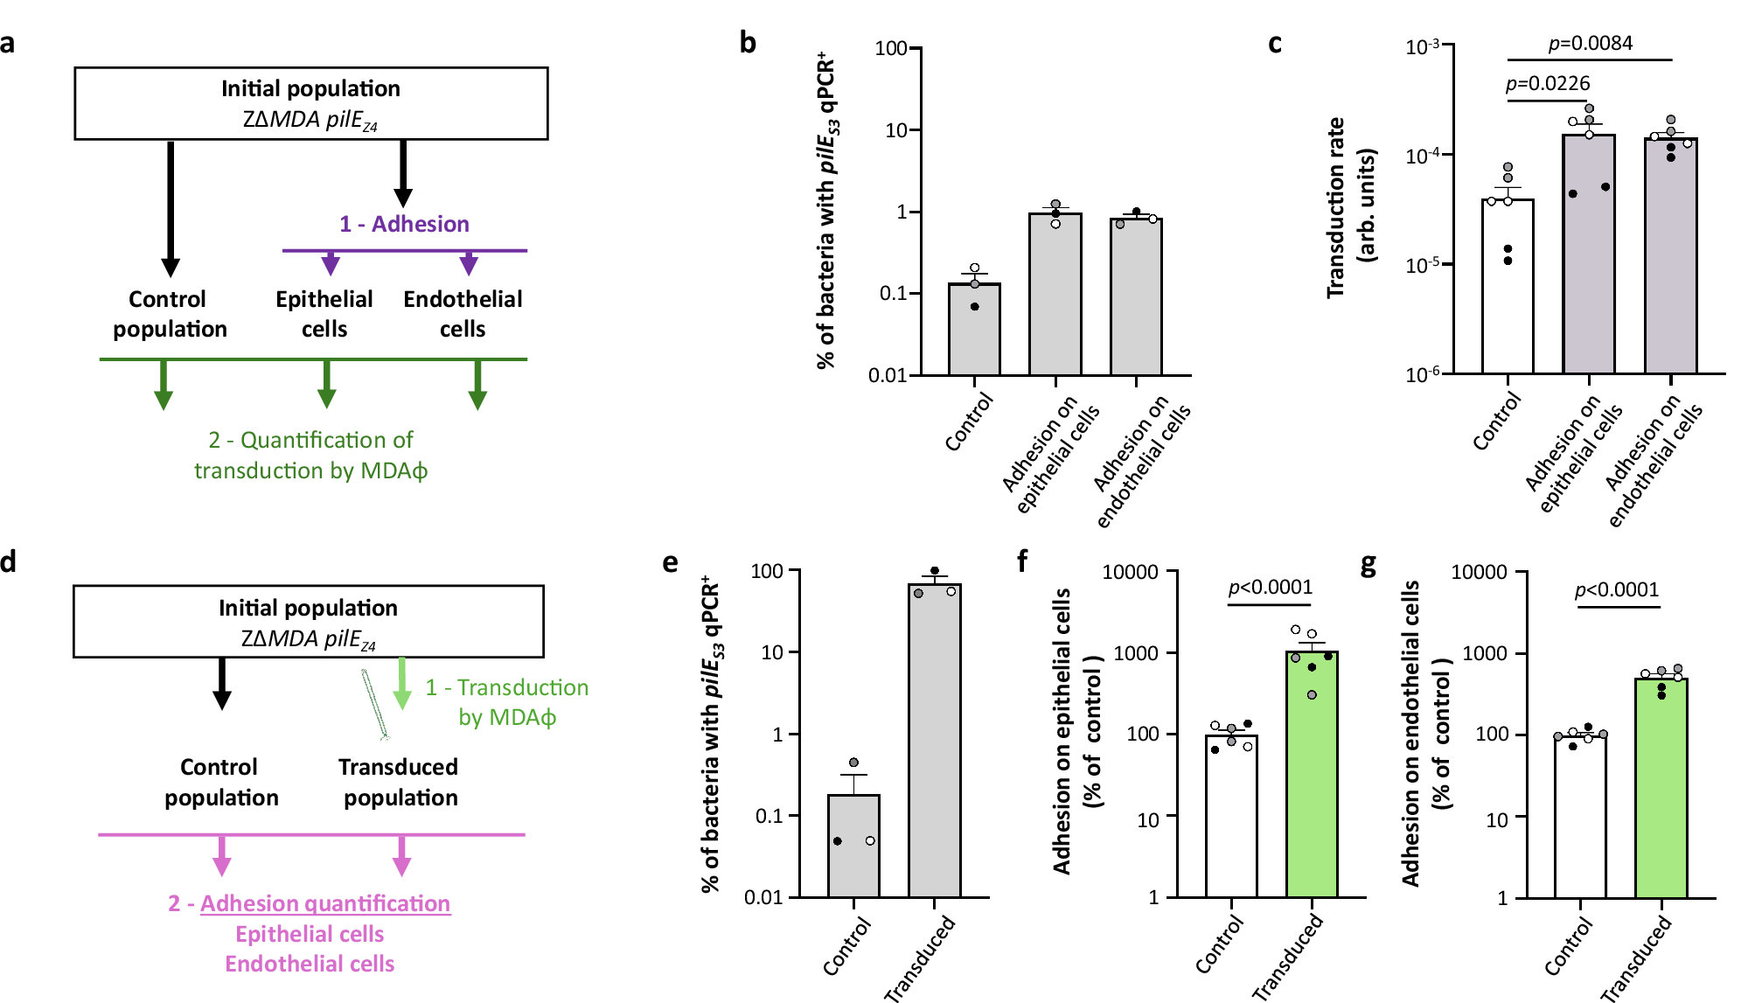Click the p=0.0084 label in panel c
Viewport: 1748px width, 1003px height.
[x=1590, y=44]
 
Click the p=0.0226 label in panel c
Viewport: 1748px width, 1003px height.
[x=1548, y=84]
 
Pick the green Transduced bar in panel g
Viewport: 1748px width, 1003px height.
[x=1661, y=787]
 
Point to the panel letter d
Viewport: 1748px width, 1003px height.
[x=9, y=561]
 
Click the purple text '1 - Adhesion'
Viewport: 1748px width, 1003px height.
[x=404, y=224]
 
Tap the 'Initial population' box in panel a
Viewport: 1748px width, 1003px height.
[x=310, y=103]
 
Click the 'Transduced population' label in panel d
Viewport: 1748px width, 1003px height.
[x=400, y=782]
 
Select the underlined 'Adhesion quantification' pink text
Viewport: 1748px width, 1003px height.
[x=325, y=903]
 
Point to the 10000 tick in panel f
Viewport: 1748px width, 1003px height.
[x=1129, y=572]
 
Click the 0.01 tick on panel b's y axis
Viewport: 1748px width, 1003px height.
[x=887, y=376]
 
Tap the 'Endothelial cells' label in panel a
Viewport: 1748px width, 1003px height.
[x=463, y=314]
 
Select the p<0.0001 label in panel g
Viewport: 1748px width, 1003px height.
[x=1616, y=589]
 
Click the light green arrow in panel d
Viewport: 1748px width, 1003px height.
[x=402, y=683]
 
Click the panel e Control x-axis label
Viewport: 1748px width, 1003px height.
[x=846, y=946]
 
